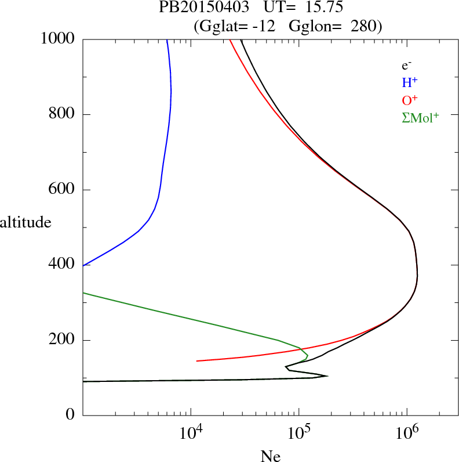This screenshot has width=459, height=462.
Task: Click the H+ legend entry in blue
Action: (x=410, y=82)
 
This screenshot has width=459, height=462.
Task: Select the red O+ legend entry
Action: (x=410, y=100)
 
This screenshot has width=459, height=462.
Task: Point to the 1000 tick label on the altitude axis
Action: (x=59, y=39)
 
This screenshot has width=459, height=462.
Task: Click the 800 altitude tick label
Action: (x=63, y=114)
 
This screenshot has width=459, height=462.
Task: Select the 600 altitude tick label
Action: (x=63, y=190)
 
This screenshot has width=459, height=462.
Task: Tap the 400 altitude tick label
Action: (x=63, y=265)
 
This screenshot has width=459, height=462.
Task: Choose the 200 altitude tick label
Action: (x=63, y=340)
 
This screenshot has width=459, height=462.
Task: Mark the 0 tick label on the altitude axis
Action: (x=71, y=415)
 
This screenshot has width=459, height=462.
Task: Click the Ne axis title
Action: (x=271, y=456)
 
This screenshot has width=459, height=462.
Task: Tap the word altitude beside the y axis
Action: (x=25, y=222)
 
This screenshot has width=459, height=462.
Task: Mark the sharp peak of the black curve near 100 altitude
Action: (x=327, y=376)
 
